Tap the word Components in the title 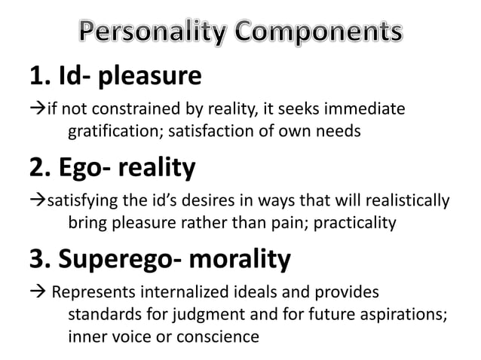pos(322,32)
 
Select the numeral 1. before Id pos(40,76)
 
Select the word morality pos(244,259)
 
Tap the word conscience pos(224,336)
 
